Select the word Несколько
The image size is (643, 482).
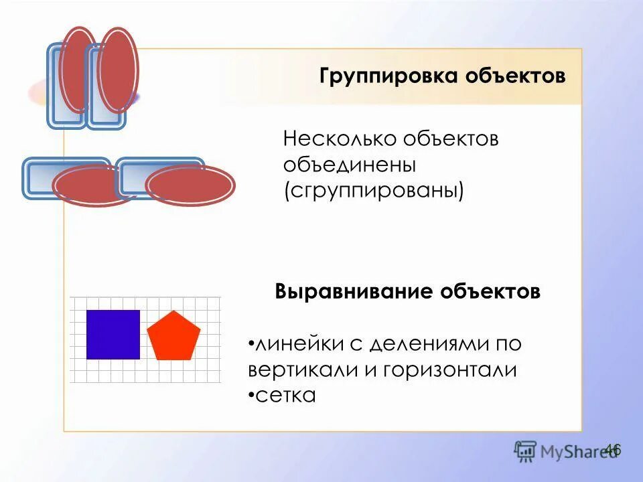(x=340, y=140)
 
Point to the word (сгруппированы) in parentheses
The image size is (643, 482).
(x=373, y=190)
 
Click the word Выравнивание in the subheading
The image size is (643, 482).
(x=354, y=293)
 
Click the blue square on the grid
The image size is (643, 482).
(x=113, y=334)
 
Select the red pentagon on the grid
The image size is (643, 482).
(x=173, y=336)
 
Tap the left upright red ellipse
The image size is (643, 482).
(x=79, y=68)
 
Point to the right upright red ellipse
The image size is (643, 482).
(x=118, y=70)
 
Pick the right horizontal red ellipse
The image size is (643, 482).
(x=190, y=184)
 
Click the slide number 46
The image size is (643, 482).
(x=612, y=449)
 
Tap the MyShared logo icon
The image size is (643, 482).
(x=525, y=451)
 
